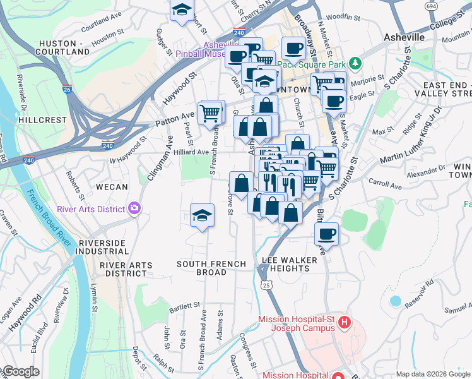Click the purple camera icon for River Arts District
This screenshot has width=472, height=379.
(x=134, y=209)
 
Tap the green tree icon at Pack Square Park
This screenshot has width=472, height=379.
(x=355, y=64)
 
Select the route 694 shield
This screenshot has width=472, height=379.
(x=431, y=6)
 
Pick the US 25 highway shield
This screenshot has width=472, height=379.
(x=267, y=286)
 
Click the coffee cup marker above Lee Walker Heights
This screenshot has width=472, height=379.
(x=326, y=234)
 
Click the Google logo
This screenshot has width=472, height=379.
(x=20, y=371)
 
